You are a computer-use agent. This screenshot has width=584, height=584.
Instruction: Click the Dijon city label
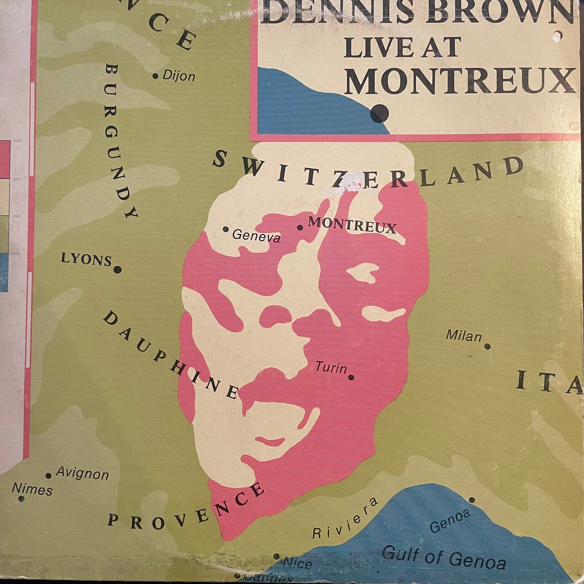coord(179,76)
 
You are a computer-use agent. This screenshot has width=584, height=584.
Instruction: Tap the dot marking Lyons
coord(117,270)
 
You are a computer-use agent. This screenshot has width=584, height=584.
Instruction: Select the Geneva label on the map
coord(256,236)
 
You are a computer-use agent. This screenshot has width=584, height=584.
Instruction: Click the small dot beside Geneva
coord(226,229)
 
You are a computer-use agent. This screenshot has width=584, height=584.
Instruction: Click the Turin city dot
coord(351,377)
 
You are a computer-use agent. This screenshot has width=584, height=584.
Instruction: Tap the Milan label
coord(464,336)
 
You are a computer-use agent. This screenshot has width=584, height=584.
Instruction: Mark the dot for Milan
coord(487,346)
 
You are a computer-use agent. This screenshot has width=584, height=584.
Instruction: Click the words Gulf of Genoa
coord(444,557)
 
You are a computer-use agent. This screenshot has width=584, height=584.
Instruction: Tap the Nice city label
coord(297,563)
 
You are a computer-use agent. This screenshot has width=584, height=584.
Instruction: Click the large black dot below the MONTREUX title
coord(380,113)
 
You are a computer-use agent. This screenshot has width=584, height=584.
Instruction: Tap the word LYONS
coord(86,259)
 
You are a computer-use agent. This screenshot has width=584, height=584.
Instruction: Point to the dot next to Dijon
coord(156,76)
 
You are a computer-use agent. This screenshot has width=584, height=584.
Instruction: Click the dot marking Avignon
coord(48,476)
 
